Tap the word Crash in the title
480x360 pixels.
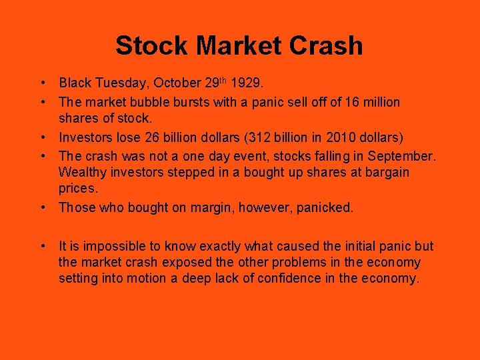327,46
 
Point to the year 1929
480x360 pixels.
247,83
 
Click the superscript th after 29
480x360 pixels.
225,81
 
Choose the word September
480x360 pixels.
405,156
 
